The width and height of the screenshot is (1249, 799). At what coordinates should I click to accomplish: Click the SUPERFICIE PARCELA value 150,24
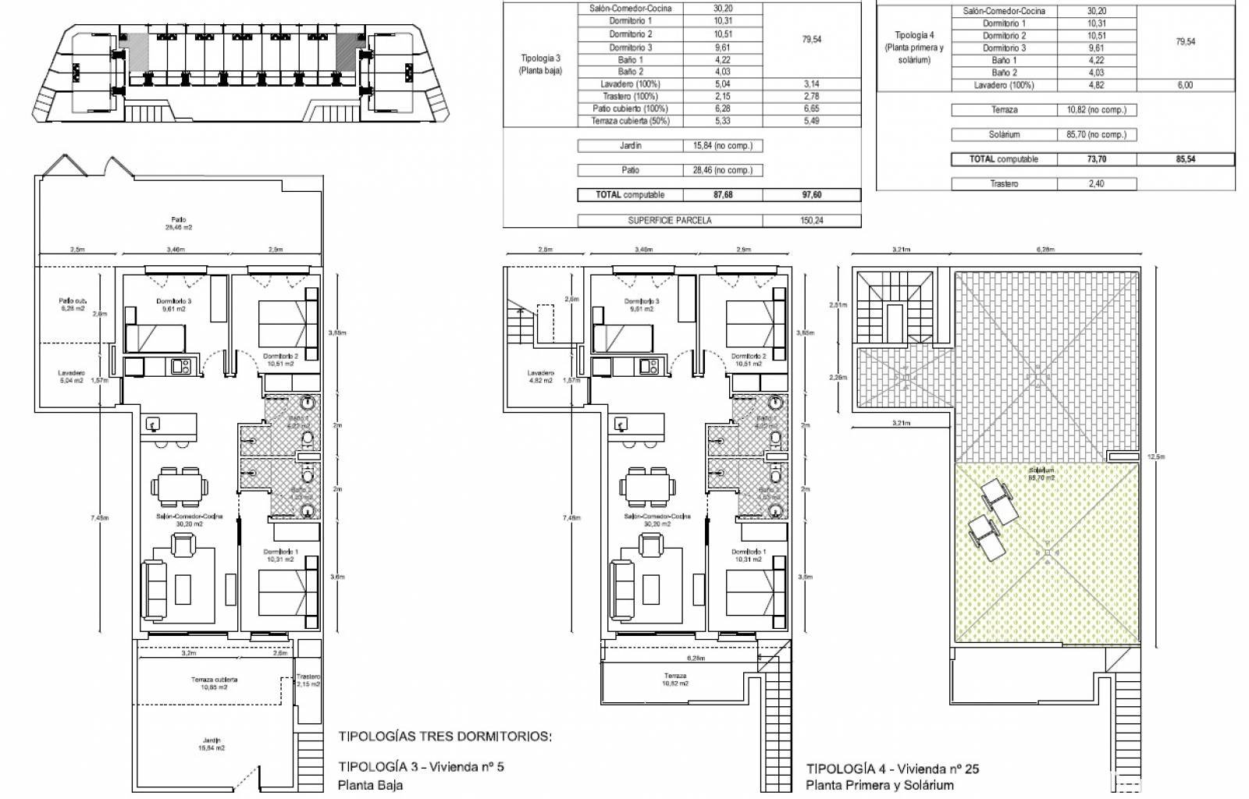coord(812,220)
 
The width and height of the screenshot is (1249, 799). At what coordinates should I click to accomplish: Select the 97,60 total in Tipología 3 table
coord(812,195)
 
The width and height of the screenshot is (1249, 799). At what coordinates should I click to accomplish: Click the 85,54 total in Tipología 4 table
coord(1185,159)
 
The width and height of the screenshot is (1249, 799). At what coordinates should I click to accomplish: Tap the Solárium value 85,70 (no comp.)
coord(1097,134)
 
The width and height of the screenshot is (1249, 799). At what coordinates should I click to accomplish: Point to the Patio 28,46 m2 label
coord(177,223)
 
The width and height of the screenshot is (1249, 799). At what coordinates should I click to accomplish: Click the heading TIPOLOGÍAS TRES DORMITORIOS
coord(445,736)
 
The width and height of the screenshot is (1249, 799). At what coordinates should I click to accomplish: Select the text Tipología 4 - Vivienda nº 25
coord(892,769)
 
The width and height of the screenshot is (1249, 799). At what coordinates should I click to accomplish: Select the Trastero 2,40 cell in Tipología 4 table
coord(1097,184)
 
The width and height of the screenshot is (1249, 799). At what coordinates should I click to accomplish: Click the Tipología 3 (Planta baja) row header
coord(540,64)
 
